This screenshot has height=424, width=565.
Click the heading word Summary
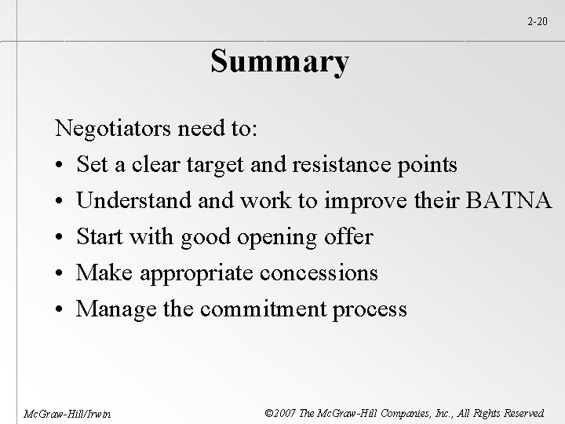(279, 62)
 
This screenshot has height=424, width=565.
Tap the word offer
(348, 237)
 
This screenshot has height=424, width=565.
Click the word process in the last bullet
(370, 309)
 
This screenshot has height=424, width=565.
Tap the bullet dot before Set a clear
(60, 166)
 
